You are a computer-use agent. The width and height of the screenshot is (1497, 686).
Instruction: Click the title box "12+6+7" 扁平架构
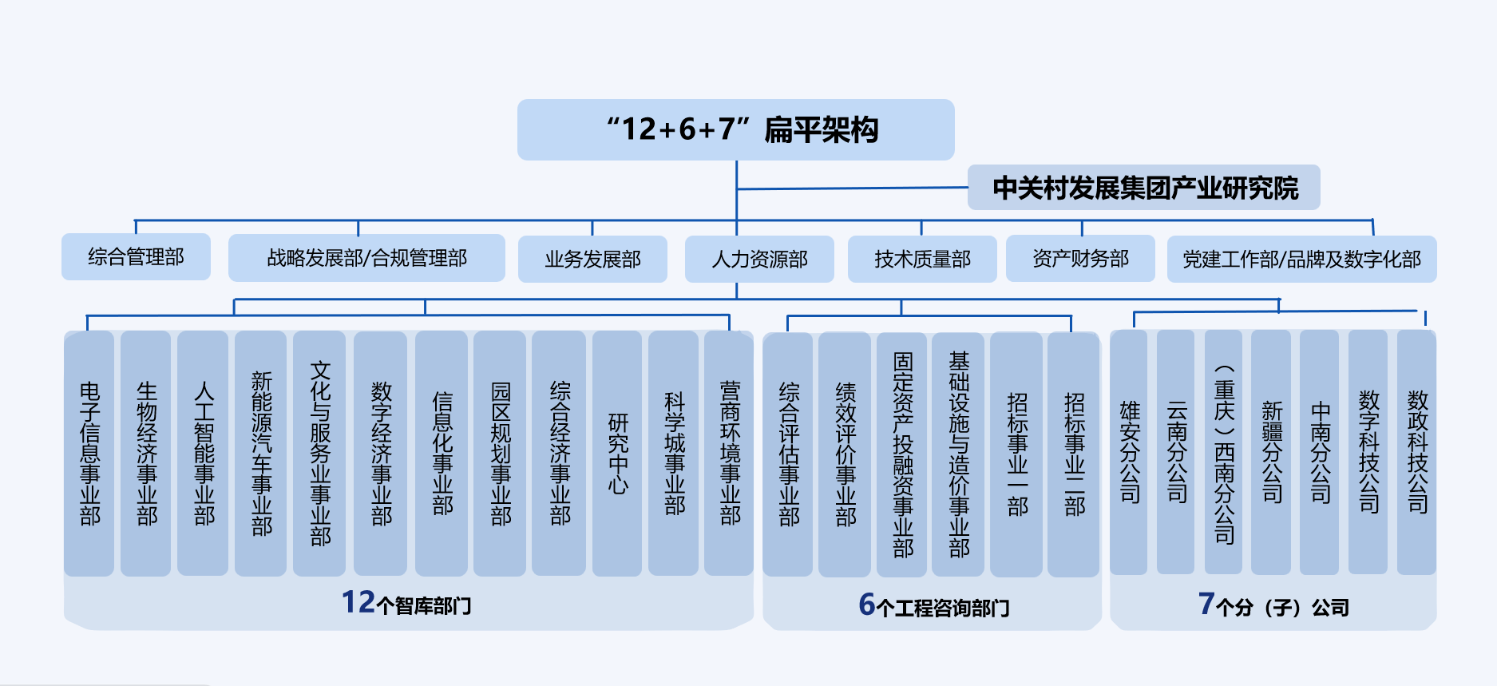[x=735, y=129]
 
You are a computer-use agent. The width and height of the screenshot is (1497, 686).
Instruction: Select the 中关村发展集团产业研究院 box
[x=1143, y=188]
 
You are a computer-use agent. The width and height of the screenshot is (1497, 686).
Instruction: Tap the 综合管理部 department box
[x=136, y=257]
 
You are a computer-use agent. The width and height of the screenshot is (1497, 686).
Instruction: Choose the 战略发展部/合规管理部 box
[x=366, y=258]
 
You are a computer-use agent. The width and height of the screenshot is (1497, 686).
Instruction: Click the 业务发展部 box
[x=592, y=259]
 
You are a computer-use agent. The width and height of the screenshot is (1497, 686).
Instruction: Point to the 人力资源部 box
[x=759, y=259]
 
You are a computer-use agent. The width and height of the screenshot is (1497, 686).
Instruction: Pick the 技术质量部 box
[x=922, y=259]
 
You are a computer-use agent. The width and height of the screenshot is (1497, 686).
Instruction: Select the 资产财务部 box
[x=1080, y=258]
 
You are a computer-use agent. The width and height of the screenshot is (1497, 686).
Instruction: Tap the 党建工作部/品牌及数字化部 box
[x=1301, y=259]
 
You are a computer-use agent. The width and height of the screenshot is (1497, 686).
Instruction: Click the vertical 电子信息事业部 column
[x=89, y=453]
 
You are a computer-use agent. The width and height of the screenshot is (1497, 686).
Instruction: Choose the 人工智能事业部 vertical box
[x=204, y=453]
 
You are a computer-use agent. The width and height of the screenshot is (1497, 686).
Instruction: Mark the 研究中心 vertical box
[x=617, y=453]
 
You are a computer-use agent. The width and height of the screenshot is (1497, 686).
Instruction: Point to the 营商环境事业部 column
[x=729, y=453]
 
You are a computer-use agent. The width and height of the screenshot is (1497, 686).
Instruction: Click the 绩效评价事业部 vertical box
[x=845, y=454]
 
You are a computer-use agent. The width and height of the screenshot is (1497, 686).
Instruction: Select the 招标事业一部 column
[x=1016, y=454]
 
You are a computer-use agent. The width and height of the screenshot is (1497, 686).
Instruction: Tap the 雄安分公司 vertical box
[x=1129, y=452]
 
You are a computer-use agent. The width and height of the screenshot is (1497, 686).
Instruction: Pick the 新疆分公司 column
[x=1271, y=452]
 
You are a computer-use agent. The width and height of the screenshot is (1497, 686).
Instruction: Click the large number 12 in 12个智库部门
[x=358, y=602]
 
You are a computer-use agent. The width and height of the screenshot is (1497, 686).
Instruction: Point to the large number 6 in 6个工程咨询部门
[x=867, y=605]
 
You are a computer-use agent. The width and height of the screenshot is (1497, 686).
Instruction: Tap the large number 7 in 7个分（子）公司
[x=1206, y=604]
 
